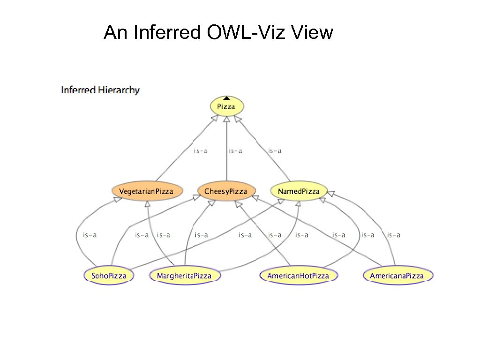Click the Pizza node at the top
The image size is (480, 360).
point(226,106)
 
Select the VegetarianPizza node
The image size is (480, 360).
point(146,191)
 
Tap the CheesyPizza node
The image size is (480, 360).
point(226,191)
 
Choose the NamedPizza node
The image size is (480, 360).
point(299,191)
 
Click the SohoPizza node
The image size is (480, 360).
point(108,276)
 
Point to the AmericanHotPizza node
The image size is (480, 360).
point(298,276)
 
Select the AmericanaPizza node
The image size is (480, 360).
point(397,276)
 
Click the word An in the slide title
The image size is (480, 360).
point(115,33)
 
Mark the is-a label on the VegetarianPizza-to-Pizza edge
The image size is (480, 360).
point(201,151)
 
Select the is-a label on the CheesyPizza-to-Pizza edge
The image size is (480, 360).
point(235,151)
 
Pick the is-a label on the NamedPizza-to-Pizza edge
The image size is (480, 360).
point(274,151)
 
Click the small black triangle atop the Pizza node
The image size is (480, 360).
point(226,98)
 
